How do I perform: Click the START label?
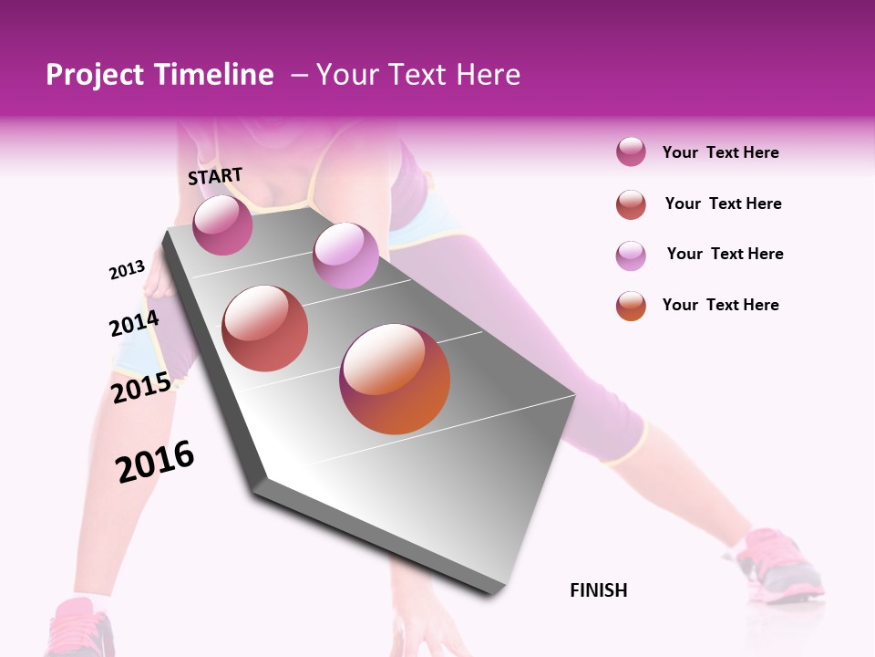click(x=215, y=176)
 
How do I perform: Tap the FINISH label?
click(x=599, y=590)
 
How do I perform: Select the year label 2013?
click(x=127, y=270)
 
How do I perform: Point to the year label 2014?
click(x=134, y=324)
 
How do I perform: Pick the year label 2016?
click(x=155, y=462)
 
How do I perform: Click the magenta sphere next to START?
click(x=222, y=224)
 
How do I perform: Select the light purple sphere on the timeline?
click(x=345, y=255)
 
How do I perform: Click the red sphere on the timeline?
click(x=265, y=328)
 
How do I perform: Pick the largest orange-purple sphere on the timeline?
click(x=395, y=379)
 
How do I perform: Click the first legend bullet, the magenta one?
click(x=631, y=152)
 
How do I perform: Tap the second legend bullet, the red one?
click(x=631, y=204)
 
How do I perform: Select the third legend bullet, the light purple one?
click(x=631, y=255)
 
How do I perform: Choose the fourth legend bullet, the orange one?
click(x=631, y=306)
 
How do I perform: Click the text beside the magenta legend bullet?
click(x=720, y=152)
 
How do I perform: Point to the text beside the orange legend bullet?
click(x=720, y=305)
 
